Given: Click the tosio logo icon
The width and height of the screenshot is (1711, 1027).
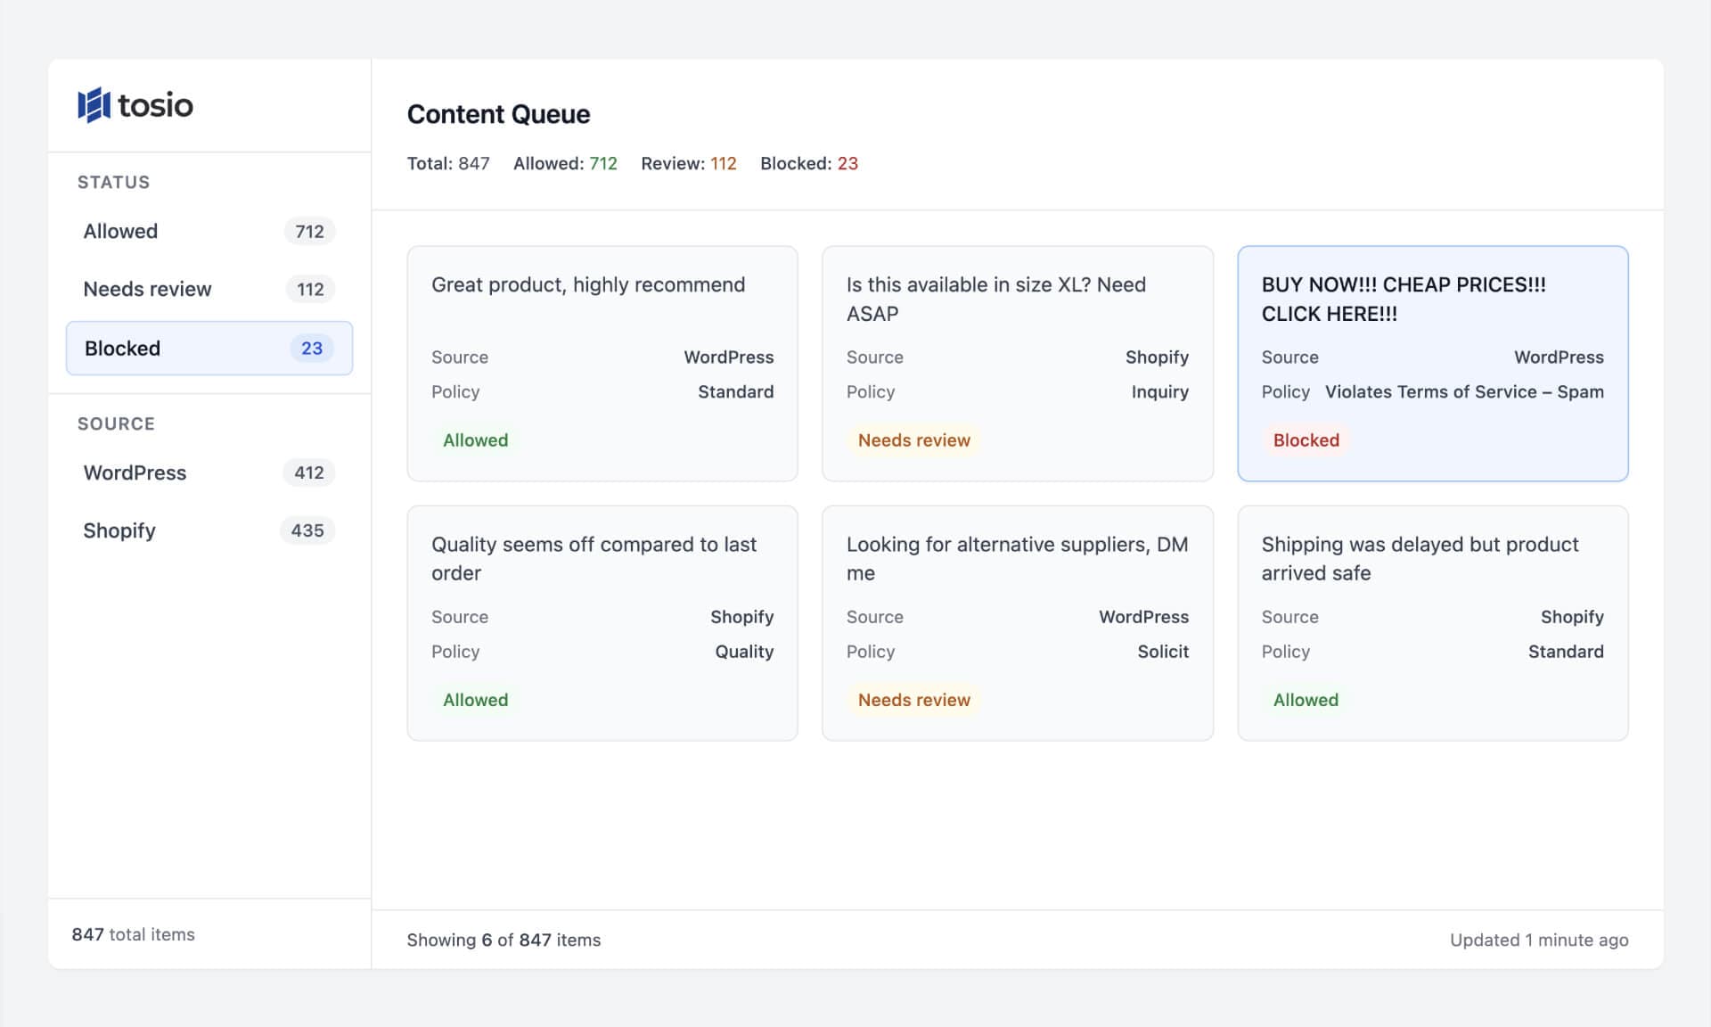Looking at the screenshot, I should [x=94, y=105].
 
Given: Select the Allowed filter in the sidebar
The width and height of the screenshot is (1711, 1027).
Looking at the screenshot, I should [x=121, y=231].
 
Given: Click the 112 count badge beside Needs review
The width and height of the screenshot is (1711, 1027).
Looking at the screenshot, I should [x=310, y=289].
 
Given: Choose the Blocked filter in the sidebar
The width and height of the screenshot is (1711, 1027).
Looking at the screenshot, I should [x=123, y=348].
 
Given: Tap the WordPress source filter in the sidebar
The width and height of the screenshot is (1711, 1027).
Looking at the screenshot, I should [x=135, y=472].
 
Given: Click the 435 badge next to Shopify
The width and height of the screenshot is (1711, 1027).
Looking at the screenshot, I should [x=307, y=530].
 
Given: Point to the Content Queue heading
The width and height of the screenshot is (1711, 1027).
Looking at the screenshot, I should [x=498, y=114].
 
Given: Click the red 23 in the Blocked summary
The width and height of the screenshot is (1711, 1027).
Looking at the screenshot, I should [x=847, y=163].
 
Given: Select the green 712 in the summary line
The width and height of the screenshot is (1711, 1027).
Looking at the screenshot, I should [x=603, y=163].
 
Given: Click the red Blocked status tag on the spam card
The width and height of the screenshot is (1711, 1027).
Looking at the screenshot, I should [x=1306, y=440].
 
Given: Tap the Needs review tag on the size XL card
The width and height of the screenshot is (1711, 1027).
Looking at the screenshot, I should [x=913, y=440].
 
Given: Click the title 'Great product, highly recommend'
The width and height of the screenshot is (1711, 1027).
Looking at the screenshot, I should [x=588, y=284].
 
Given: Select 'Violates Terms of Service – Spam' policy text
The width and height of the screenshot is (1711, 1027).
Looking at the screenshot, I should [x=1464, y=391].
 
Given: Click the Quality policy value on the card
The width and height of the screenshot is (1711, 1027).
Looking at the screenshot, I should [x=744, y=652].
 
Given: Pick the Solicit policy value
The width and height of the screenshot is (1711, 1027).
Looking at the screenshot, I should [x=1163, y=652].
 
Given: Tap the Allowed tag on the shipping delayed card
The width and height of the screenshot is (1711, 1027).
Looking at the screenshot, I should [x=1306, y=700].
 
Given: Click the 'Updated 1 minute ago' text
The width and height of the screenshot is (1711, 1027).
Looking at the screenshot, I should [x=1538, y=940].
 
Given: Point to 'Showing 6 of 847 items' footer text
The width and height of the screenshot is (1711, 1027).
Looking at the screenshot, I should [x=503, y=940].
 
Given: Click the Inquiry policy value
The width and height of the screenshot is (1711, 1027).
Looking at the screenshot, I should [x=1159, y=391].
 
